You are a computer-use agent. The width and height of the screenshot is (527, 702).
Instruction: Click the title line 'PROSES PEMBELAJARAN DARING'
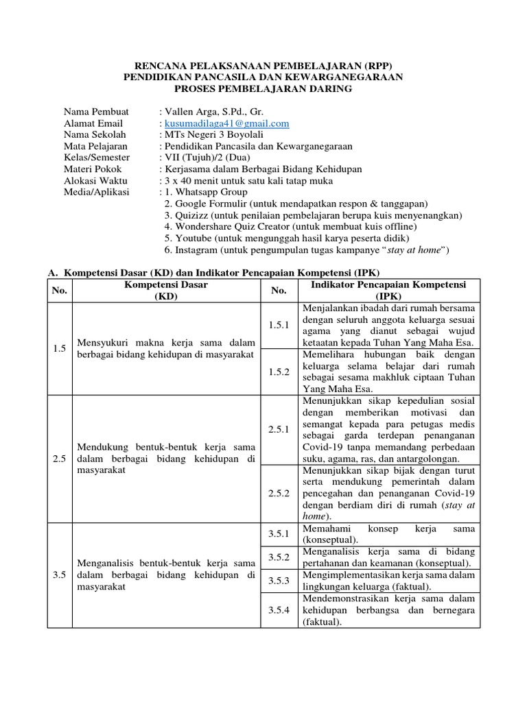click(263, 89)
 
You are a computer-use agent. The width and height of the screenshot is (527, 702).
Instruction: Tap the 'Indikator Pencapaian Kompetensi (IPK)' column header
click(388, 291)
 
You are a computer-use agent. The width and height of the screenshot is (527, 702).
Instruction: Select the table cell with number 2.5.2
click(279, 493)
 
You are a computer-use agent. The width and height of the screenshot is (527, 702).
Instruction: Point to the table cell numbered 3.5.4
click(279, 609)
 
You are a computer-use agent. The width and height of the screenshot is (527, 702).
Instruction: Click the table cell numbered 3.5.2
click(279, 557)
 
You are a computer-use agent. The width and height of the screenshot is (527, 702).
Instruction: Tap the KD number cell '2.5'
click(58, 459)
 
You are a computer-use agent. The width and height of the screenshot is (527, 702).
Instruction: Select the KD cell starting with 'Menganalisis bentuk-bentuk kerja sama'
click(165, 575)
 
